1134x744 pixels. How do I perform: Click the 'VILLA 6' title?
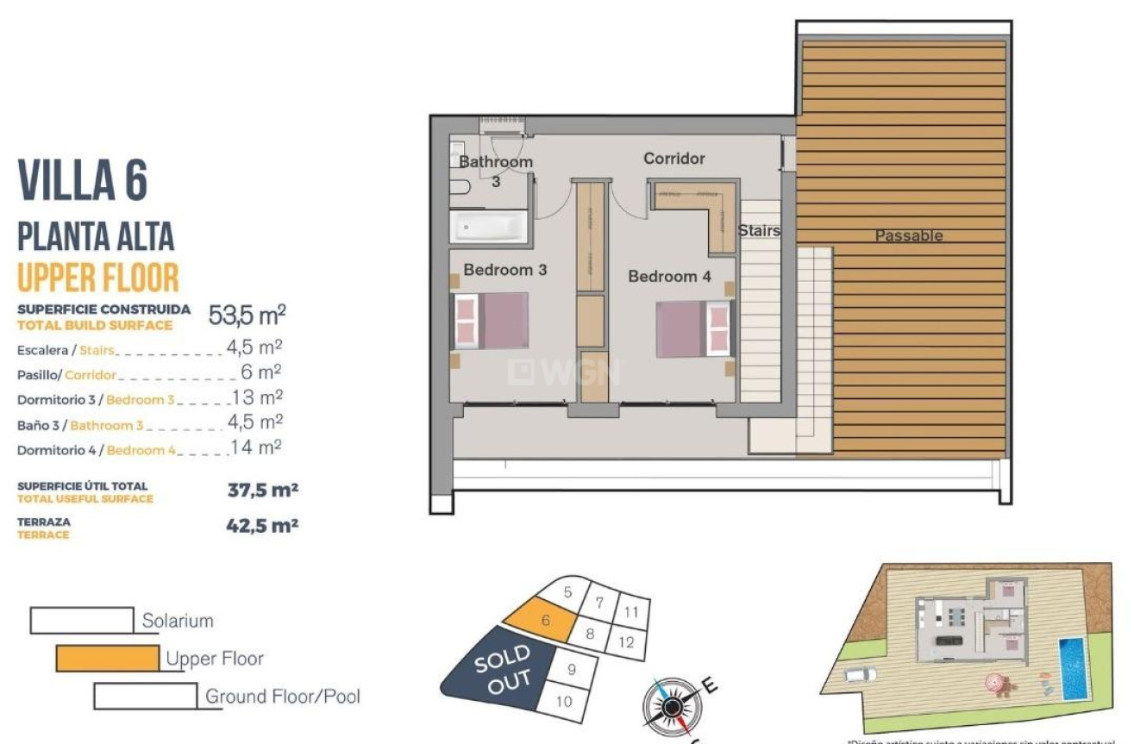83,180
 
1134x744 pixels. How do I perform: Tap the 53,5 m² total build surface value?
247,315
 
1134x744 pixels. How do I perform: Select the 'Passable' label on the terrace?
909,235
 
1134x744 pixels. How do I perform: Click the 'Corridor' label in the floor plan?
674,159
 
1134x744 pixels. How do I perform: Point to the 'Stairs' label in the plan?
759,231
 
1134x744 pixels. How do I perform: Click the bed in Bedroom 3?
491,321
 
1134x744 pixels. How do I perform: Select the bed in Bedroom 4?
693,328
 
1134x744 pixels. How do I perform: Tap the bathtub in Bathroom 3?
488,228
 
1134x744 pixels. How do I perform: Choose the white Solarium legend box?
82,620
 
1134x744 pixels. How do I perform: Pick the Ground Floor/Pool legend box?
145,696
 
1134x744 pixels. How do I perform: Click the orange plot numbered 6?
541,620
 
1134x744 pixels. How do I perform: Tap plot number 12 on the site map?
627,642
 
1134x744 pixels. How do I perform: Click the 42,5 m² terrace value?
262,526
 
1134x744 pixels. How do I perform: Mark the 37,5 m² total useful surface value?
262,491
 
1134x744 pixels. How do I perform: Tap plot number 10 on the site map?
563,702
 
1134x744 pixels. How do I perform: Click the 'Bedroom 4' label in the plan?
669,277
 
